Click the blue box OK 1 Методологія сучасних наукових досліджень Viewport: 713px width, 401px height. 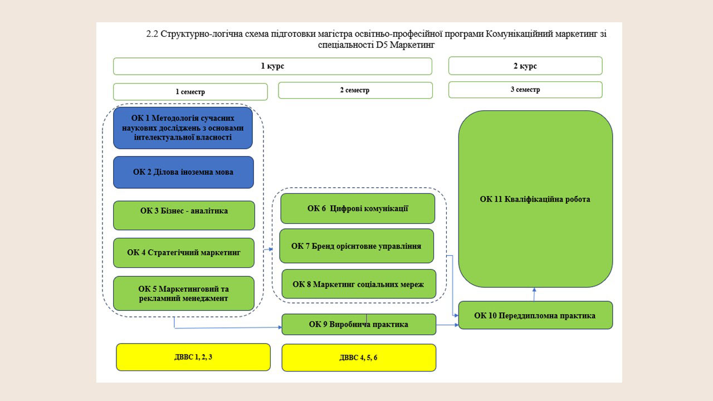[x=183, y=128]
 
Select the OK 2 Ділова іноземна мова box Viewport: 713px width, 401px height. [x=184, y=172]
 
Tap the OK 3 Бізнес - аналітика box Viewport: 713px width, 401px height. [x=184, y=216]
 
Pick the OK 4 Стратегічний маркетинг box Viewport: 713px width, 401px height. [x=184, y=253]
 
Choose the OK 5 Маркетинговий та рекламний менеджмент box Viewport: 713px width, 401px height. [x=184, y=294]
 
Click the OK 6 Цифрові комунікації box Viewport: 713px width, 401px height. [x=358, y=208]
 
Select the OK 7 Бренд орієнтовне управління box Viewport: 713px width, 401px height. [x=356, y=246]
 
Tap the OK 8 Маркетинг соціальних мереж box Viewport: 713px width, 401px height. [x=359, y=284]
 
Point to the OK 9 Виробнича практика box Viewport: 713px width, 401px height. [x=359, y=324]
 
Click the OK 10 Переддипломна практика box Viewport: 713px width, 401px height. [x=535, y=315]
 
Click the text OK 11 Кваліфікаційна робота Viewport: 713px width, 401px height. [x=535, y=199]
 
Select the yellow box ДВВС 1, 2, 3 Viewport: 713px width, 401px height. [x=193, y=357]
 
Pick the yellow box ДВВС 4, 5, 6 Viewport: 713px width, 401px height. [x=359, y=358]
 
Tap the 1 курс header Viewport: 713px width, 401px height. [x=272, y=66]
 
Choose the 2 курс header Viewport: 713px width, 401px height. [x=525, y=66]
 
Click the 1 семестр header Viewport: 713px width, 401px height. [x=191, y=92]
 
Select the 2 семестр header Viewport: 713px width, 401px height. [x=355, y=90]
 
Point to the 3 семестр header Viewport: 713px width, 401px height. [x=525, y=90]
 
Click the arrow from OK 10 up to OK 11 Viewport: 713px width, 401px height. [x=534, y=295]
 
